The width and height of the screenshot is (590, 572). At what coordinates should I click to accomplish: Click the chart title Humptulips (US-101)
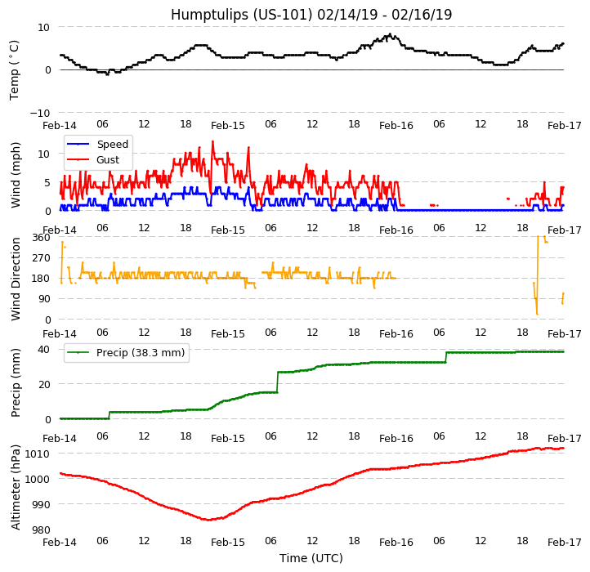click(x=311, y=15)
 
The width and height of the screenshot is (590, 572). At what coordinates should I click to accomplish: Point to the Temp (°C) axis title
click(x=15, y=69)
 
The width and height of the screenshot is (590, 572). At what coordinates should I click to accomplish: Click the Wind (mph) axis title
click(x=16, y=175)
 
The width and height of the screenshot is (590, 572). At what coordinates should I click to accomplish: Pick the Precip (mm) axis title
click(x=16, y=382)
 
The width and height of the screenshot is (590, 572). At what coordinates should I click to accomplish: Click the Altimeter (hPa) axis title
click(x=16, y=488)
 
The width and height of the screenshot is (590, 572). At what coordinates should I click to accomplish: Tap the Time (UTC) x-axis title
click(x=311, y=559)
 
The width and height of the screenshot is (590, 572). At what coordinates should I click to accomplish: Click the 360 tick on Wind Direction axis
click(x=41, y=238)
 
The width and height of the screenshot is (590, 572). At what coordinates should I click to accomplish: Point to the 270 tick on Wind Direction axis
click(x=41, y=258)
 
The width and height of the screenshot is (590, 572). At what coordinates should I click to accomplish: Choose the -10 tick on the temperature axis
click(x=39, y=113)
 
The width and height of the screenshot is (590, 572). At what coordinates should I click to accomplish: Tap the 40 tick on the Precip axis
click(x=44, y=349)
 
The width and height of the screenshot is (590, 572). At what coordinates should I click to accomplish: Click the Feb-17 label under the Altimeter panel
click(x=564, y=543)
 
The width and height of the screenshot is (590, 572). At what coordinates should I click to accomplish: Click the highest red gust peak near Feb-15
click(x=212, y=141)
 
